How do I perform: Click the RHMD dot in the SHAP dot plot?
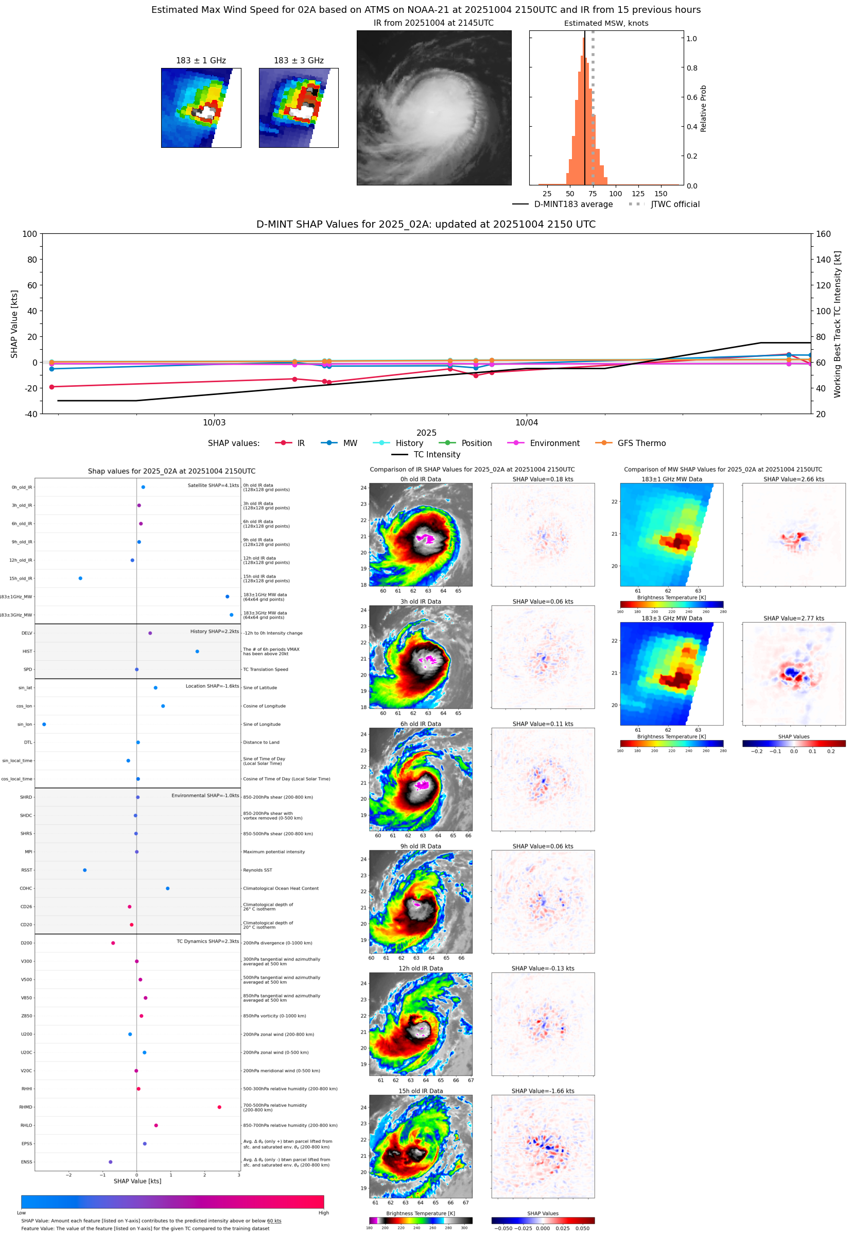219,1107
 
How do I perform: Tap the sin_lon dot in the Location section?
44,724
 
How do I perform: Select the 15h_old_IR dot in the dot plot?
81,578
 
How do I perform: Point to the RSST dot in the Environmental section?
85,870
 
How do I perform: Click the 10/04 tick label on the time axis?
526,422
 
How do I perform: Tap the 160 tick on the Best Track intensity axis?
823,234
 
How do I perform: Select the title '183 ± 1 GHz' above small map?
201,61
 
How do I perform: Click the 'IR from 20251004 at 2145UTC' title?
433,23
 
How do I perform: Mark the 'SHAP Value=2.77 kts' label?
793,619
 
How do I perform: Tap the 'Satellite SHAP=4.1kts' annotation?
213,485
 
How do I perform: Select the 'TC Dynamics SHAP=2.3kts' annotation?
207,941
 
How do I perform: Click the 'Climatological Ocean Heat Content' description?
281,888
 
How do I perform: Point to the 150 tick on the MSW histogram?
661,194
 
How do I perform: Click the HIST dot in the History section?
198,652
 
